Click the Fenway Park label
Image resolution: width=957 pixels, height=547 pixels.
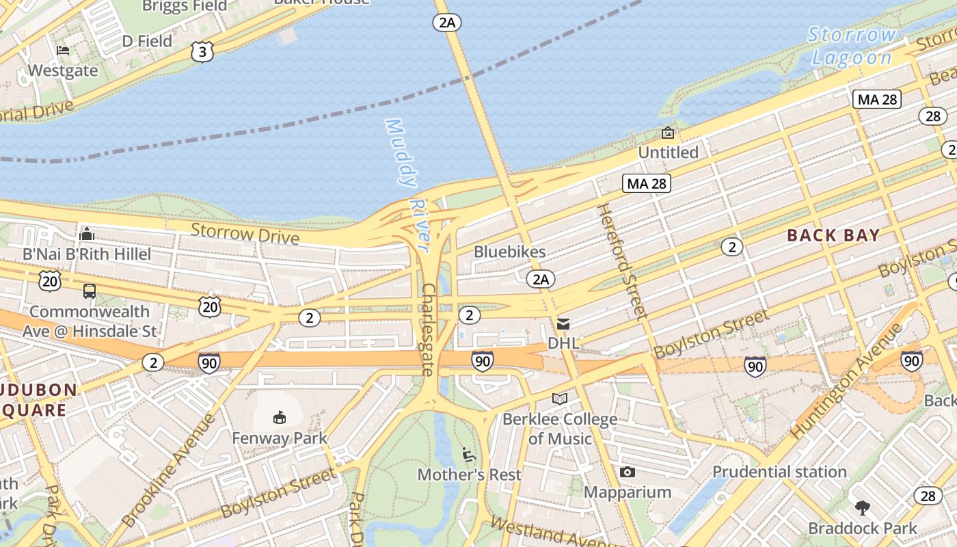[280, 438]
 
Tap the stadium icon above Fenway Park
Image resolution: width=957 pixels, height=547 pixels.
[279, 417]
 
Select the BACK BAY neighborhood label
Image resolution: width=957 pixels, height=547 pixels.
[833, 235]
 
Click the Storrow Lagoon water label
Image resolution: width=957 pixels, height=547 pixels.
[852, 46]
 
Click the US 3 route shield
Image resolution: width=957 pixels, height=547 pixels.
[202, 52]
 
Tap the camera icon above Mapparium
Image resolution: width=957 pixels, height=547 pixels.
[627, 472]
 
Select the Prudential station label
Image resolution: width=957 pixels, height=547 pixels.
[779, 472]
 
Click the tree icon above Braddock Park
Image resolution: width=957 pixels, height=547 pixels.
[863, 508]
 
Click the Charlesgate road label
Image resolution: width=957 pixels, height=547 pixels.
[429, 330]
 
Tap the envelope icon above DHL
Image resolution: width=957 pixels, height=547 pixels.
[563, 323]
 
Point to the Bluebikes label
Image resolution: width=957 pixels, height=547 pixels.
[510, 252]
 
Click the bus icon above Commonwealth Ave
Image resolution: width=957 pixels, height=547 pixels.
[90, 291]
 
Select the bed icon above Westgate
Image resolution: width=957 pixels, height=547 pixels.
[63, 51]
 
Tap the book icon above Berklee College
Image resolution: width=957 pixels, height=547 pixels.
[560, 399]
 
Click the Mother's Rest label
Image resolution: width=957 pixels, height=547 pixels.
[469, 475]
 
